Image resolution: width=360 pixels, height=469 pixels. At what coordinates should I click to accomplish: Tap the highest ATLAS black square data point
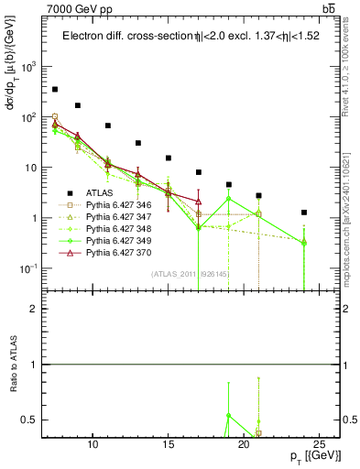click(55, 90)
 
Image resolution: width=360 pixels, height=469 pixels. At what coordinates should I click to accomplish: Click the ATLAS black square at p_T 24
click(304, 213)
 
